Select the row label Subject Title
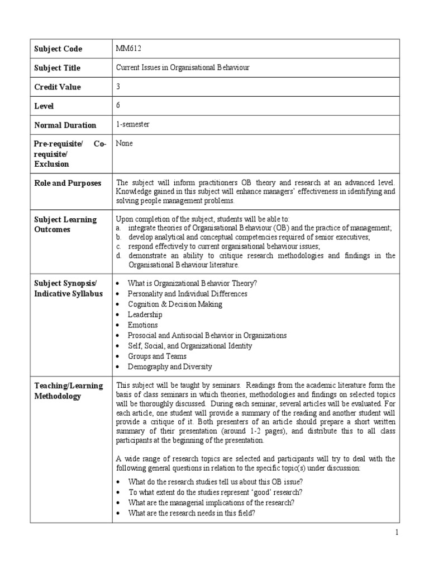coord(57,68)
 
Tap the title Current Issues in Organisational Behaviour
coord(182,68)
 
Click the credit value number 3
coord(118,87)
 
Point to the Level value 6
coord(118,105)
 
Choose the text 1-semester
coord(133,124)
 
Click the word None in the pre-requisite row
coord(124,143)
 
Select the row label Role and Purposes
coord(68,183)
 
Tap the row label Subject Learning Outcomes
coord(65,224)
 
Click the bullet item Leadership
coord(145,314)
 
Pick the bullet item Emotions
coord(143,325)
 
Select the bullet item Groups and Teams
coord(157,356)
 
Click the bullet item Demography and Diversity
coord(170,367)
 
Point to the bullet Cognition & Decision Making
coord(175,304)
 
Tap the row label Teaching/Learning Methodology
coord(68,391)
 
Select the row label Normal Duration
coord(65,125)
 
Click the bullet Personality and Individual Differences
coord(187,294)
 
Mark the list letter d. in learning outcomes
coord(118,256)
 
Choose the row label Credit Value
coord(58,87)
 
